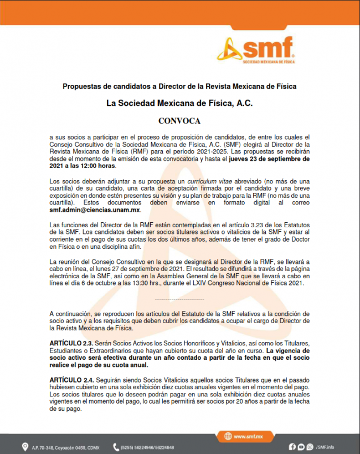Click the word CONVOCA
[x=179, y=120]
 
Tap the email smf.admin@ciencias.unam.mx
[x=95, y=210]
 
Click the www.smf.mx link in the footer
[x=248, y=437]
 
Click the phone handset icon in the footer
[x=116, y=447]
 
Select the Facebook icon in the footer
[x=292, y=447]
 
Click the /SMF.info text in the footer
[x=325, y=447]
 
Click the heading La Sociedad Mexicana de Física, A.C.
[x=179, y=103]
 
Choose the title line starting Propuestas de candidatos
[x=179, y=86]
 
